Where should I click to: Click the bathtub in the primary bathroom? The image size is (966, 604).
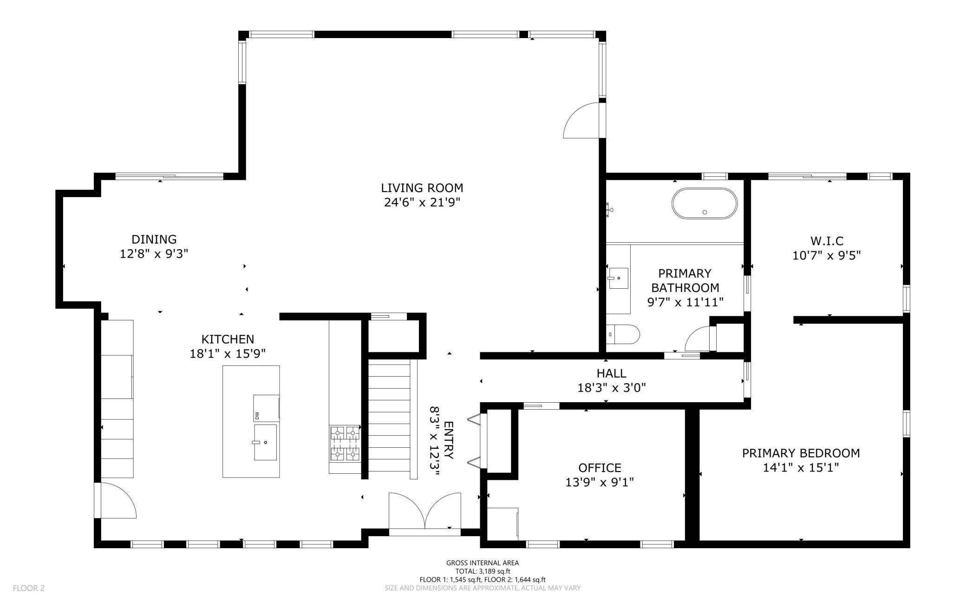[x=704, y=204]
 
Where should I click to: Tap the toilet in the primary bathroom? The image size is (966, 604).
[x=625, y=334]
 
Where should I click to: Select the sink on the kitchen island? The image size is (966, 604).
[x=265, y=442]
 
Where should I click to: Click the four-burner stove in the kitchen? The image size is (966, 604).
[x=345, y=443]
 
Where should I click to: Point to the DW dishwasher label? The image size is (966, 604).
[x=257, y=414]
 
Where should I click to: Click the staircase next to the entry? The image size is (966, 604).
[x=389, y=418]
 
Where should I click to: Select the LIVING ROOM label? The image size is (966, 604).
[x=422, y=188]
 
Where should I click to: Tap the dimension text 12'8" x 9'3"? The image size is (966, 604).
[x=154, y=254]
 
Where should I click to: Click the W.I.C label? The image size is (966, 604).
[x=826, y=241]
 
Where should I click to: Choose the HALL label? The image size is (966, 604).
[x=611, y=373]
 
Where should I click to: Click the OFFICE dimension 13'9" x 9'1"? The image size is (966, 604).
[x=599, y=482]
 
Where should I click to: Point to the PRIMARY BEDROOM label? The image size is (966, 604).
[x=801, y=453]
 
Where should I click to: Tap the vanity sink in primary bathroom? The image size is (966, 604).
[x=618, y=278]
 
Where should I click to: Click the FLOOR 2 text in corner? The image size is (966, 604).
[x=29, y=588]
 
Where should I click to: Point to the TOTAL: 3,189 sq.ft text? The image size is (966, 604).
[x=483, y=571]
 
